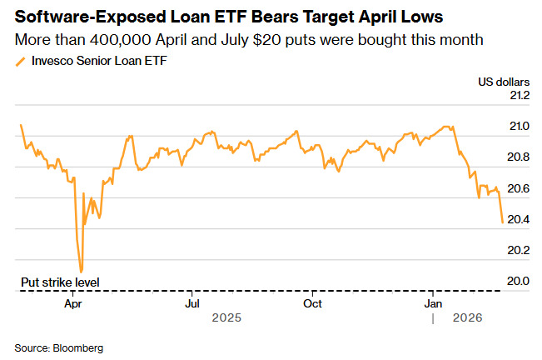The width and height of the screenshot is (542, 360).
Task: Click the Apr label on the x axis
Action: [72, 302]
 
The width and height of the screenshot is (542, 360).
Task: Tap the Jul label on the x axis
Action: [191, 302]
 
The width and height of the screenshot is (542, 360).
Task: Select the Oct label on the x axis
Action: [312, 302]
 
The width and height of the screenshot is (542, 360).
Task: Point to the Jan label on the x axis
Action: [433, 302]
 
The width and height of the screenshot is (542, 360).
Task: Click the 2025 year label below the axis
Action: [226, 317]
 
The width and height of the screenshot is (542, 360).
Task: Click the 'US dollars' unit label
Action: [503, 81]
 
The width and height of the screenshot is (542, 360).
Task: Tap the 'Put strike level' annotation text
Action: [60, 282]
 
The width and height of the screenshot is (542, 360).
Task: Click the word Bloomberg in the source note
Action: [79, 346]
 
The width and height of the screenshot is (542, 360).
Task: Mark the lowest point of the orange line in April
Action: [81, 272]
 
